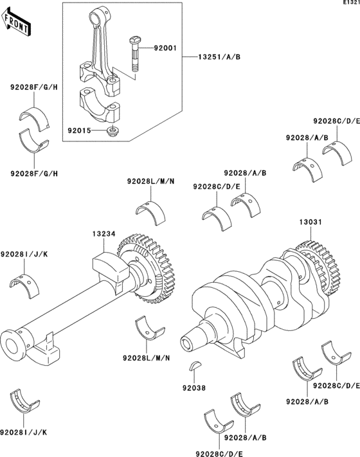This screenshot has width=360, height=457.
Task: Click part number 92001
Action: tap(165, 48)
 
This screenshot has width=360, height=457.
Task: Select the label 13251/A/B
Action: tap(219, 57)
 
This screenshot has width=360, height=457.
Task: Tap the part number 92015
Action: tap(79, 130)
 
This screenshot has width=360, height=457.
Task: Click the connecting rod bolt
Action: tap(134, 54)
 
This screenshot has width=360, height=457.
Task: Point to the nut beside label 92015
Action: tap(112, 130)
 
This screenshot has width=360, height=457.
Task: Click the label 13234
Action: tap(104, 234)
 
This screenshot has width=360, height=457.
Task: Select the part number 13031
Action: tap(310, 222)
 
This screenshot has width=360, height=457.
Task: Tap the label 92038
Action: tap(194, 388)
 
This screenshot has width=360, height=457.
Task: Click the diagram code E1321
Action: tap(351, 3)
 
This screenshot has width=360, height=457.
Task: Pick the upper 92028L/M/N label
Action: tap(150, 181)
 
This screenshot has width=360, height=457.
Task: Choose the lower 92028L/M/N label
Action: tap(147, 357)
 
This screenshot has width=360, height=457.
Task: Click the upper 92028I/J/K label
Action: tap(24, 254)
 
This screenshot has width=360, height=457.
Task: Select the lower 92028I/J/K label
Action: tap(23, 432)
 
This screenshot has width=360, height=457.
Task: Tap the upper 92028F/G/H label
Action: tap(34, 87)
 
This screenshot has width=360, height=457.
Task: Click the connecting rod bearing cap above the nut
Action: tap(100, 105)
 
